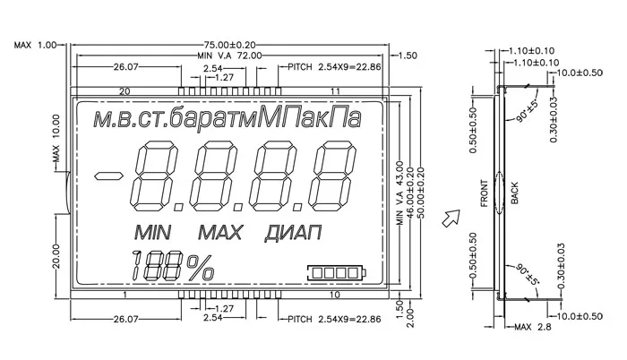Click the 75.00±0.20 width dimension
(229, 45)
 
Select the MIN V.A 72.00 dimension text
(229, 56)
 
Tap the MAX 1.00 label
(36, 45)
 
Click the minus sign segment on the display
(108, 176)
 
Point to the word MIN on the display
(153, 233)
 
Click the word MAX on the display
(220, 233)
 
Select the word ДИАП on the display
(293, 233)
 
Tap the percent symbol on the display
(200, 267)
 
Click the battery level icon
(337, 273)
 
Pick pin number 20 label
(125, 91)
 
